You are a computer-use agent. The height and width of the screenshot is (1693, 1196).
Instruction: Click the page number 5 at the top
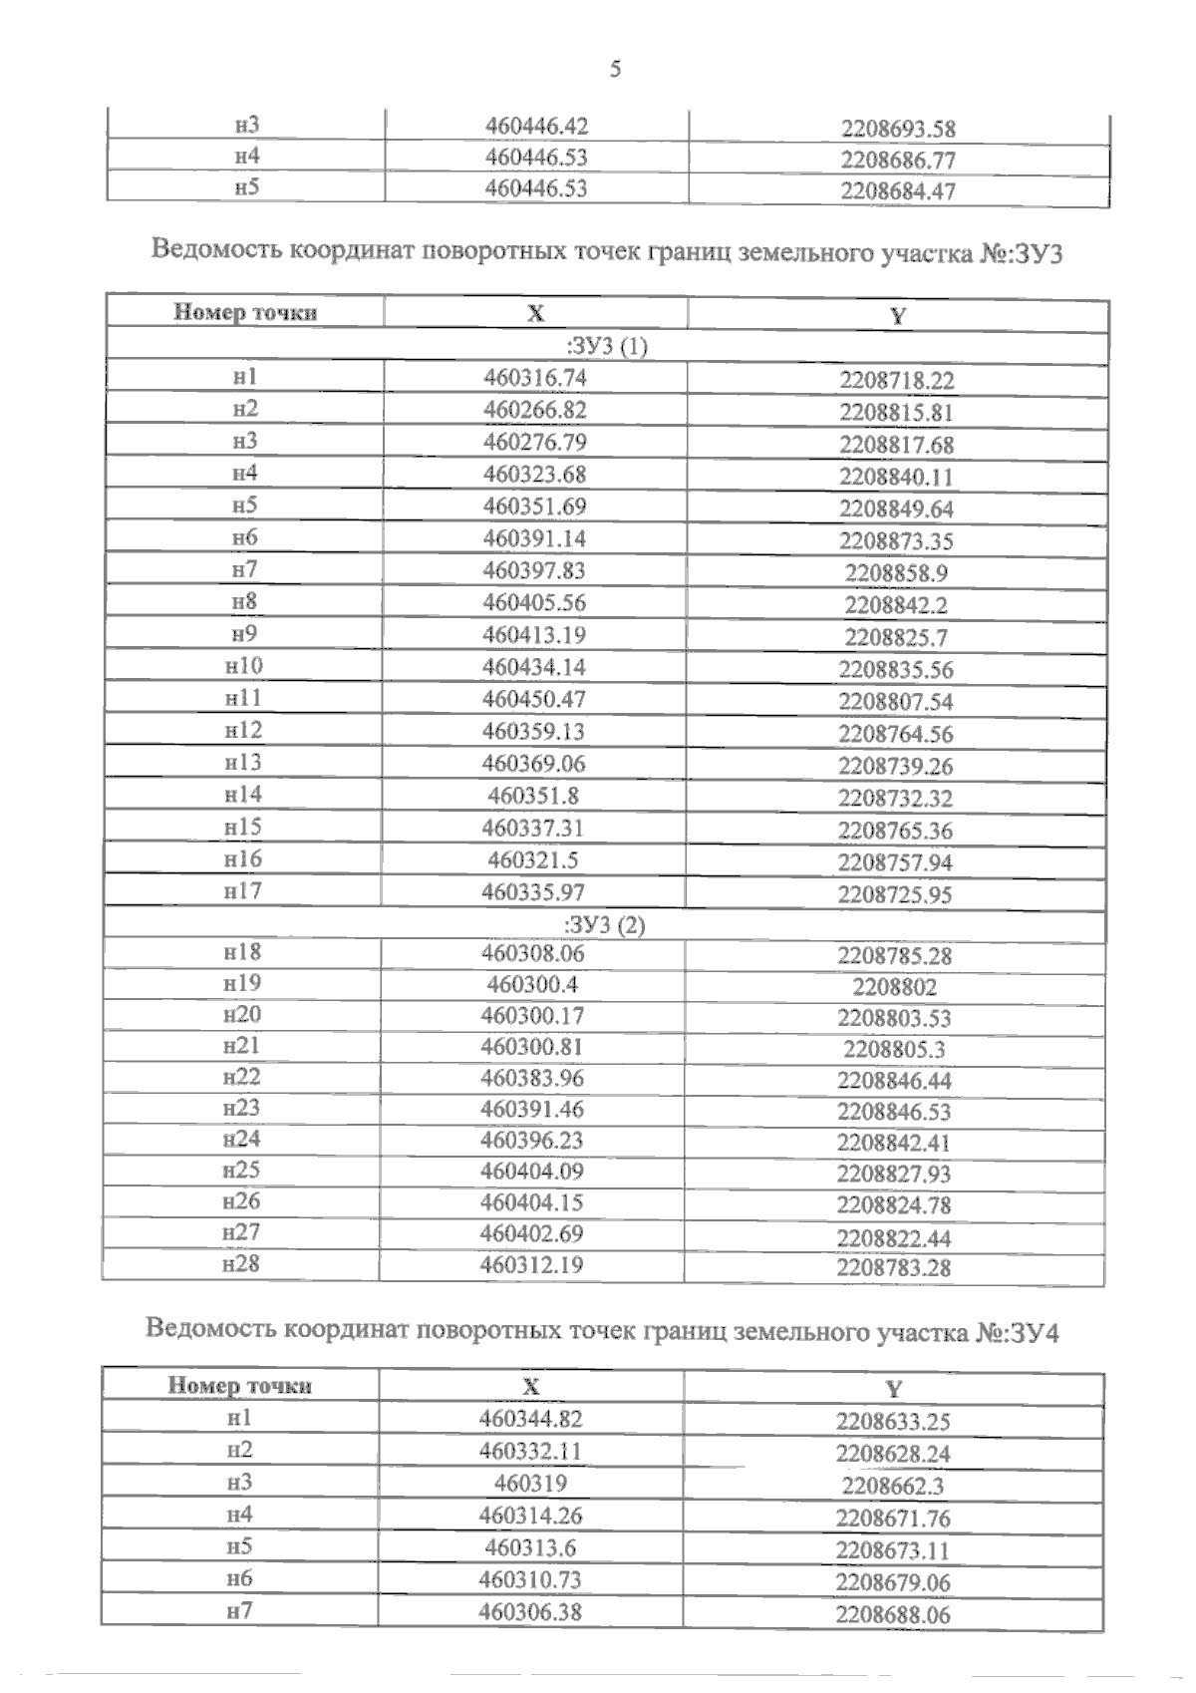click(615, 69)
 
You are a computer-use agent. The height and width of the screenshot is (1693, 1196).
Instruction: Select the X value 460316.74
click(534, 377)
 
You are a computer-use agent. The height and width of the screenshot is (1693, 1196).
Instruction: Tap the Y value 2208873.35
click(896, 541)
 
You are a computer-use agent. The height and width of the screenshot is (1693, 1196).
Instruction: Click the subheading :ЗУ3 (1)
click(606, 347)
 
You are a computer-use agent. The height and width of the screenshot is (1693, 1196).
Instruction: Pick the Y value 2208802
click(894, 987)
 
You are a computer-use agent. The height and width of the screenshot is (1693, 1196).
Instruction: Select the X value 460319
click(530, 1484)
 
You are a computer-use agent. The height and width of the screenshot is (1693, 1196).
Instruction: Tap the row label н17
click(243, 890)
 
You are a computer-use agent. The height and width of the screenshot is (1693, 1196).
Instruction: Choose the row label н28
click(241, 1263)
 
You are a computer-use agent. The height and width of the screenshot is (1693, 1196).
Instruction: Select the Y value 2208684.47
click(898, 191)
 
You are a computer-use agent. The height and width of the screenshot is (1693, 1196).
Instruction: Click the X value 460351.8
click(533, 796)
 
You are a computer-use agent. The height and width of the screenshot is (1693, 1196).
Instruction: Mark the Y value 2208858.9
click(896, 573)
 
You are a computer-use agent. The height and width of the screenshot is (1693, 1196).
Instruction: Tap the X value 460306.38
click(530, 1612)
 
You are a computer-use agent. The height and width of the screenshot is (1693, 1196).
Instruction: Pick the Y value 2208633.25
click(893, 1422)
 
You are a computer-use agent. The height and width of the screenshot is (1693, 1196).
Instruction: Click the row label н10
click(244, 666)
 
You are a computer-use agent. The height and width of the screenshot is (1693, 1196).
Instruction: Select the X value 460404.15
click(531, 1202)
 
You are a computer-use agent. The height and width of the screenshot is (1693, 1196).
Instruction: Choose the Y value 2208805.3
click(894, 1049)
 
